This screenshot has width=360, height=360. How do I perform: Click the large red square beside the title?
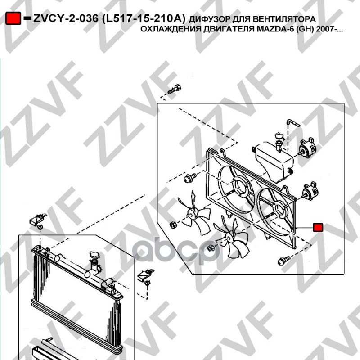point(13,18)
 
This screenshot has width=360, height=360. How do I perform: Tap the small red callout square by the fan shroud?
point(318,227)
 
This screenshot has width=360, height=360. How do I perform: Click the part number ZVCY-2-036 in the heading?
point(66,18)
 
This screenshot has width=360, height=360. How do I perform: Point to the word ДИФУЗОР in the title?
point(209,19)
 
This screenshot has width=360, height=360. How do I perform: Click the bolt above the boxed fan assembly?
point(174,89)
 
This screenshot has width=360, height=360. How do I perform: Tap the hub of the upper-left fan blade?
point(191,213)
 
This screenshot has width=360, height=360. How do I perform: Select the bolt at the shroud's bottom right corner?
point(284,261)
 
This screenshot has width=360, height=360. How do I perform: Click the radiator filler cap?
point(94,255)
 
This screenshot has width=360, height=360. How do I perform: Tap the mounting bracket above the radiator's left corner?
point(37,219)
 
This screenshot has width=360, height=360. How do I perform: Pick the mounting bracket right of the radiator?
point(145,275)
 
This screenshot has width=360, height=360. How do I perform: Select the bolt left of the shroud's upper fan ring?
point(190,178)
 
